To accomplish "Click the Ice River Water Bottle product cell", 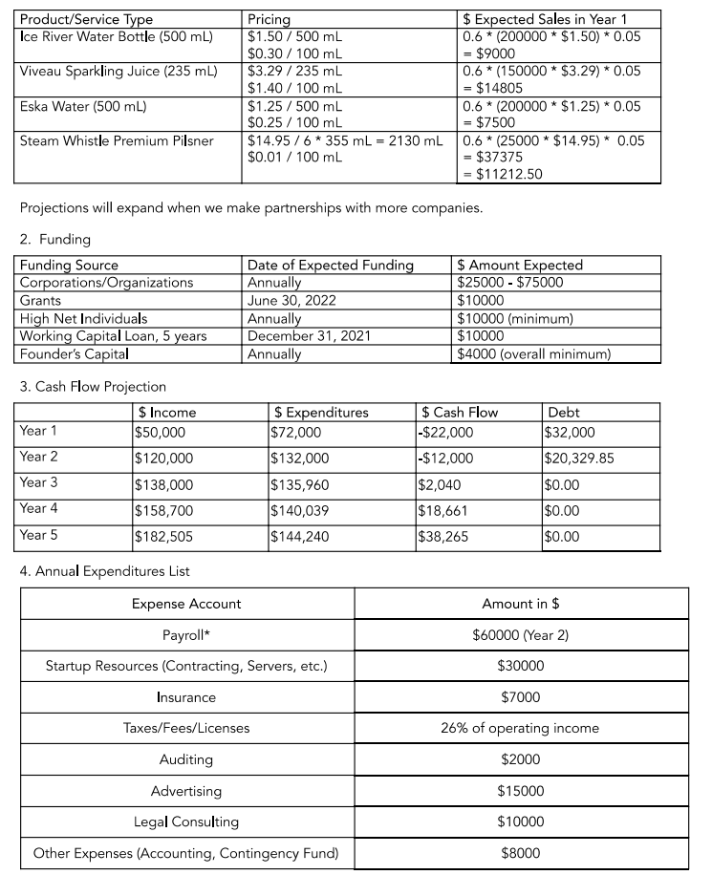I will [116, 35].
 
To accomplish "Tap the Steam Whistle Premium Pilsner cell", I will [116, 140].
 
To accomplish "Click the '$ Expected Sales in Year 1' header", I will [546, 19].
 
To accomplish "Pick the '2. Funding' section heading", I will [55, 239].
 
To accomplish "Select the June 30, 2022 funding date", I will [291, 300].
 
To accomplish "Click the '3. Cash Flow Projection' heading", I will [93, 387].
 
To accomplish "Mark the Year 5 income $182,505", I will [164, 536].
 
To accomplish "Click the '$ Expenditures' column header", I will [321, 413].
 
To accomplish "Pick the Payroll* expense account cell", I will [186, 634].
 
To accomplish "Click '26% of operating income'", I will [520, 728].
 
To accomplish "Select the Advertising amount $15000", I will [521, 791].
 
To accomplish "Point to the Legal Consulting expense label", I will [186, 822].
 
